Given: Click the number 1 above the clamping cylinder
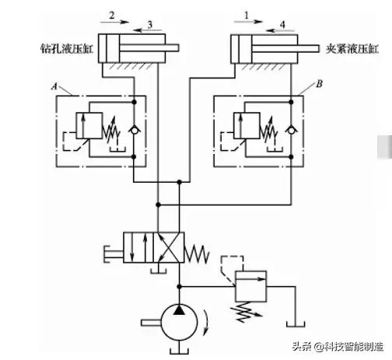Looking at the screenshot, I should click(x=247, y=15).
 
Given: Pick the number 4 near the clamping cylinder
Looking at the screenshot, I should click(x=282, y=25).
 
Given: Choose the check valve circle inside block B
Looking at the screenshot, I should click(x=292, y=126).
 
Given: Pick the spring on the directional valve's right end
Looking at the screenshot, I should click(x=199, y=250).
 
